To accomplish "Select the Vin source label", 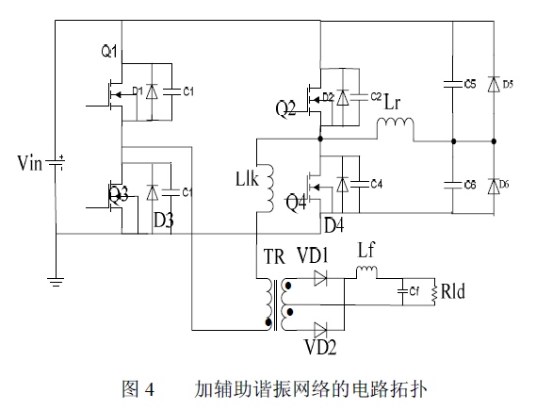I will [30, 165].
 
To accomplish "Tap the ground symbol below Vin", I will [56, 280].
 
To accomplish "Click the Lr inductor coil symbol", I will [397, 125].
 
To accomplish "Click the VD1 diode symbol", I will [319, 278].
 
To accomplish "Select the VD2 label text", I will [319, 346].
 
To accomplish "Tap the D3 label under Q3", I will [163, 220].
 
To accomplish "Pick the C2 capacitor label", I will [375, 96].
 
